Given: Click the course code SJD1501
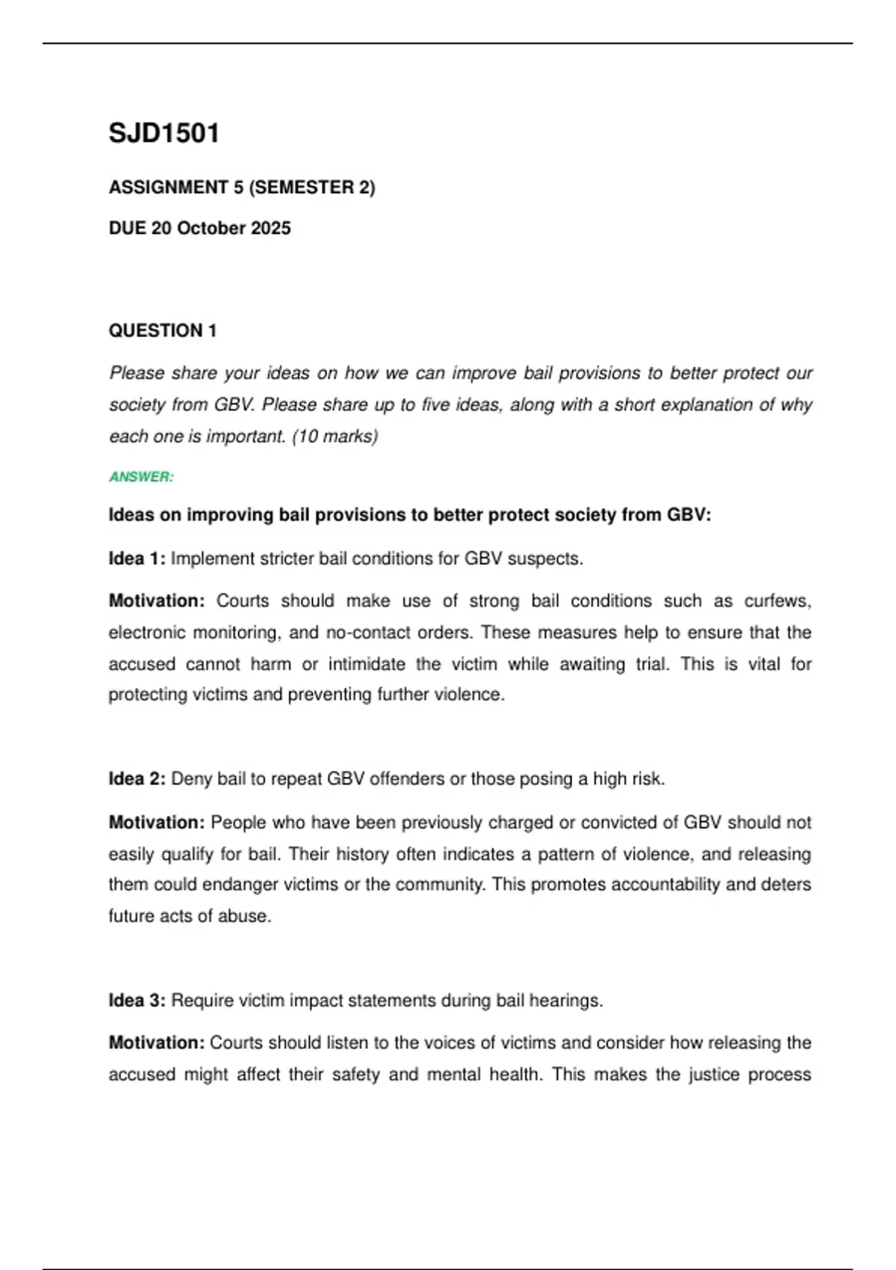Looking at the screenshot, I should (x=164, y=134).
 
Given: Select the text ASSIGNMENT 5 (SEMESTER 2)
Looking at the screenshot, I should (x=242, y=188).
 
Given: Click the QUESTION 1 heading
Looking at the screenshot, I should (x=163, y=331).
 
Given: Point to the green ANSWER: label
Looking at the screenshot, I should (x=141, y=477).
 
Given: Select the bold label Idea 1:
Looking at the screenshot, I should (x=137, y=559).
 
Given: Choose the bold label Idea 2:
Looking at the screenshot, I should (x=137, y=779).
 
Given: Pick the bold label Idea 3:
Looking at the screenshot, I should (x=137, y=1000).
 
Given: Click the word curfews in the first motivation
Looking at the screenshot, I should (x=777, y=601).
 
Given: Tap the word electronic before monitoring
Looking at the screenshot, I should (x=146, y=633).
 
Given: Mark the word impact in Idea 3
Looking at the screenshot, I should (x=312, y=1000).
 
